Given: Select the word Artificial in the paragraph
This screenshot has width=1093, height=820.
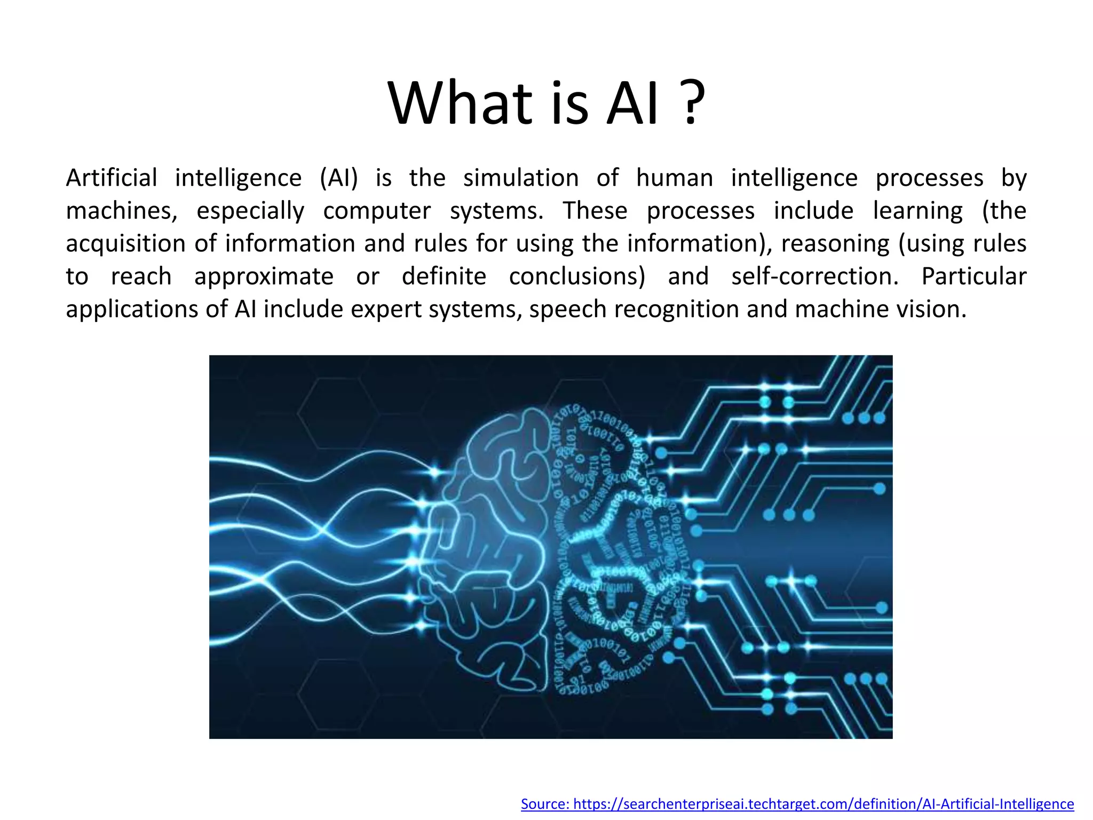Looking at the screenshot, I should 112,178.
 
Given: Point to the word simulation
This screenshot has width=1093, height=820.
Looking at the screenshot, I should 521,178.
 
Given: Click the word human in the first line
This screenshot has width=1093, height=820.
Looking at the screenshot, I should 675,178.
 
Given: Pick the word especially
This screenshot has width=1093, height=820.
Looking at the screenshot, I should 250,211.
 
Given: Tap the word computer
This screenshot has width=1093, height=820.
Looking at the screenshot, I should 377,211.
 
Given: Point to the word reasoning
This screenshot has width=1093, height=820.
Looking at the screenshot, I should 835,244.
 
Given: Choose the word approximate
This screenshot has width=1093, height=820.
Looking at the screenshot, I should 264,277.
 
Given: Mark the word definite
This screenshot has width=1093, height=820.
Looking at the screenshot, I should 444,277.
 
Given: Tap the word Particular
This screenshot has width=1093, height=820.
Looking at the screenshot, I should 974,277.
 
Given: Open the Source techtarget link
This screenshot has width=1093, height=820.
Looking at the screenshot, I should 797,804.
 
